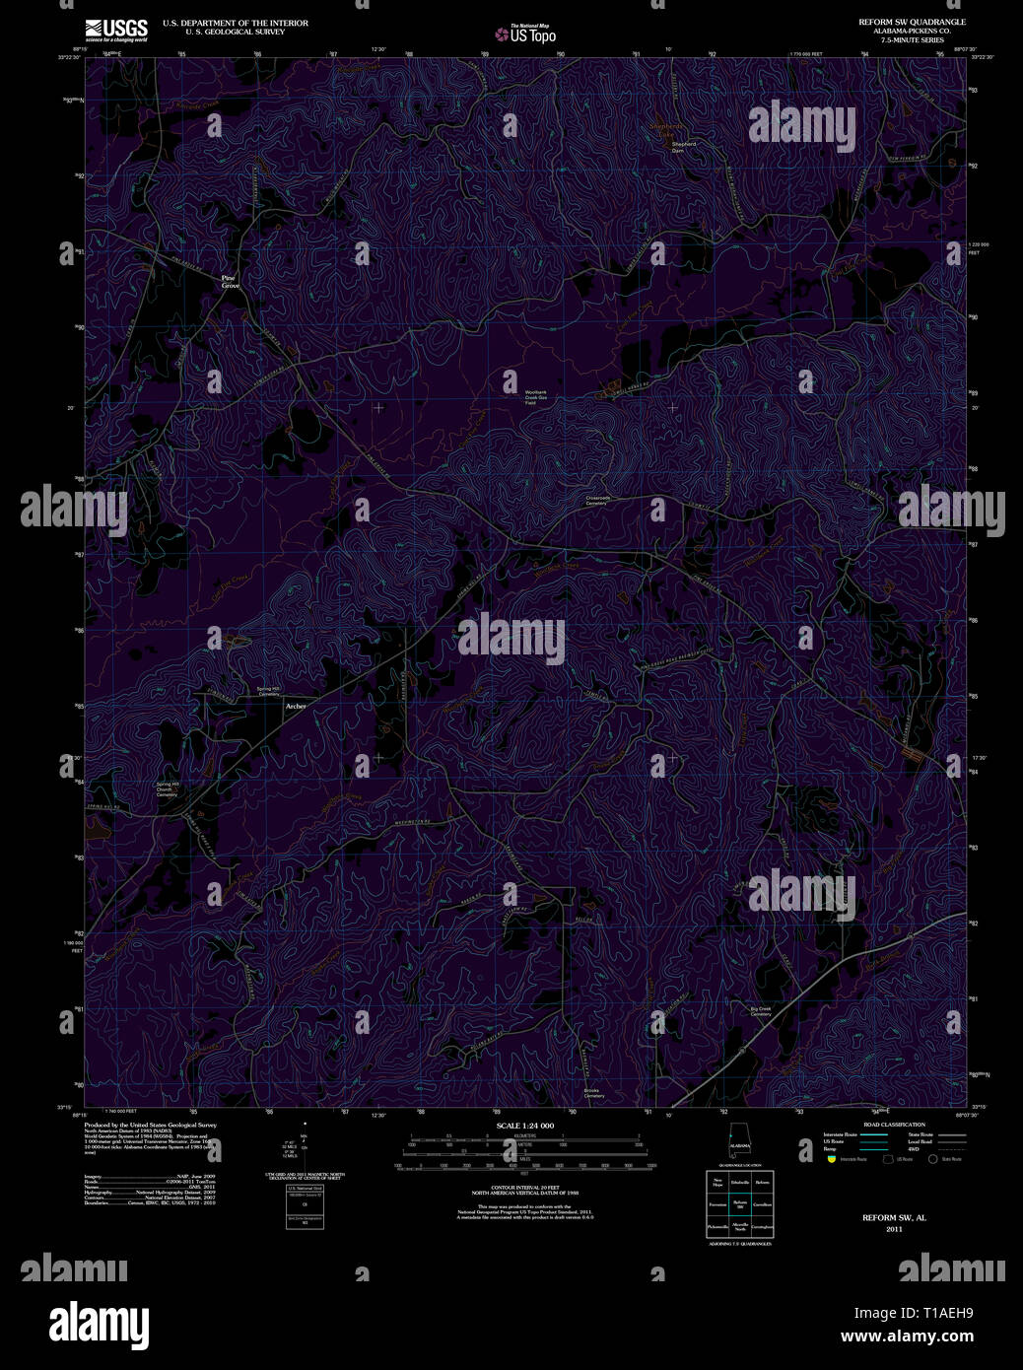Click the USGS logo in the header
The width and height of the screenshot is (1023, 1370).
pos(115,30)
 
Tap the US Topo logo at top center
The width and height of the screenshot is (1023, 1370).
pos(525,34)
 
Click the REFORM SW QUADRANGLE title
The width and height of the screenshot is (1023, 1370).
pos(912,22)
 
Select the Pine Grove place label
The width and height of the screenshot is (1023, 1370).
pos(230,281)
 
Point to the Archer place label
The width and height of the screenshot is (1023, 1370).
pos(296,707)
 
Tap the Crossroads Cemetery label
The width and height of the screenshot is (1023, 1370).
pos(598,501)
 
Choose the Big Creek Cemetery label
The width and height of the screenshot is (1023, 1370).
pos(760,1011)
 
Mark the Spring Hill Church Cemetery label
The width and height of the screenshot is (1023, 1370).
pos(169,788)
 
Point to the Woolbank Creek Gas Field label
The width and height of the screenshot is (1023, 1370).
pos(535,397)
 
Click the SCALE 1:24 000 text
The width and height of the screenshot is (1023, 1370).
pos(525,1126)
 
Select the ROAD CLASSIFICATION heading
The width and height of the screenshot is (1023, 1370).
pos(894,1125)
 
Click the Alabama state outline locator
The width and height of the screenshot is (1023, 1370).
pos(739,1142)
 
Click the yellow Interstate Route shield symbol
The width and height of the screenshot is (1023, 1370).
pos(832,1159)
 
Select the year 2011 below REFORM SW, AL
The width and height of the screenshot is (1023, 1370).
pos(894,1229)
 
